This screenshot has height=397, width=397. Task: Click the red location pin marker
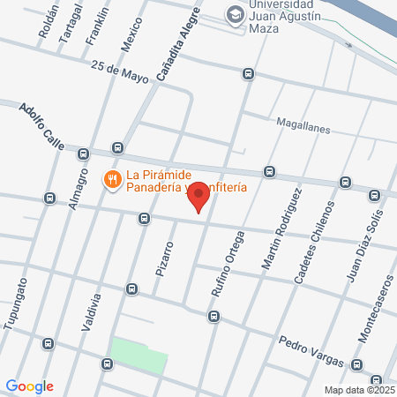(x=199, y=197)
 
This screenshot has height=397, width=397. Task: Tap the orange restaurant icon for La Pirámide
(x=112, y=181)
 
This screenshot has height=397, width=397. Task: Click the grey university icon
(x=235, y=15)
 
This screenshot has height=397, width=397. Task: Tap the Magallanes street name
(x=303, y=128)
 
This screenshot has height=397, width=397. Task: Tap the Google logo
(x=29, y=386)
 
